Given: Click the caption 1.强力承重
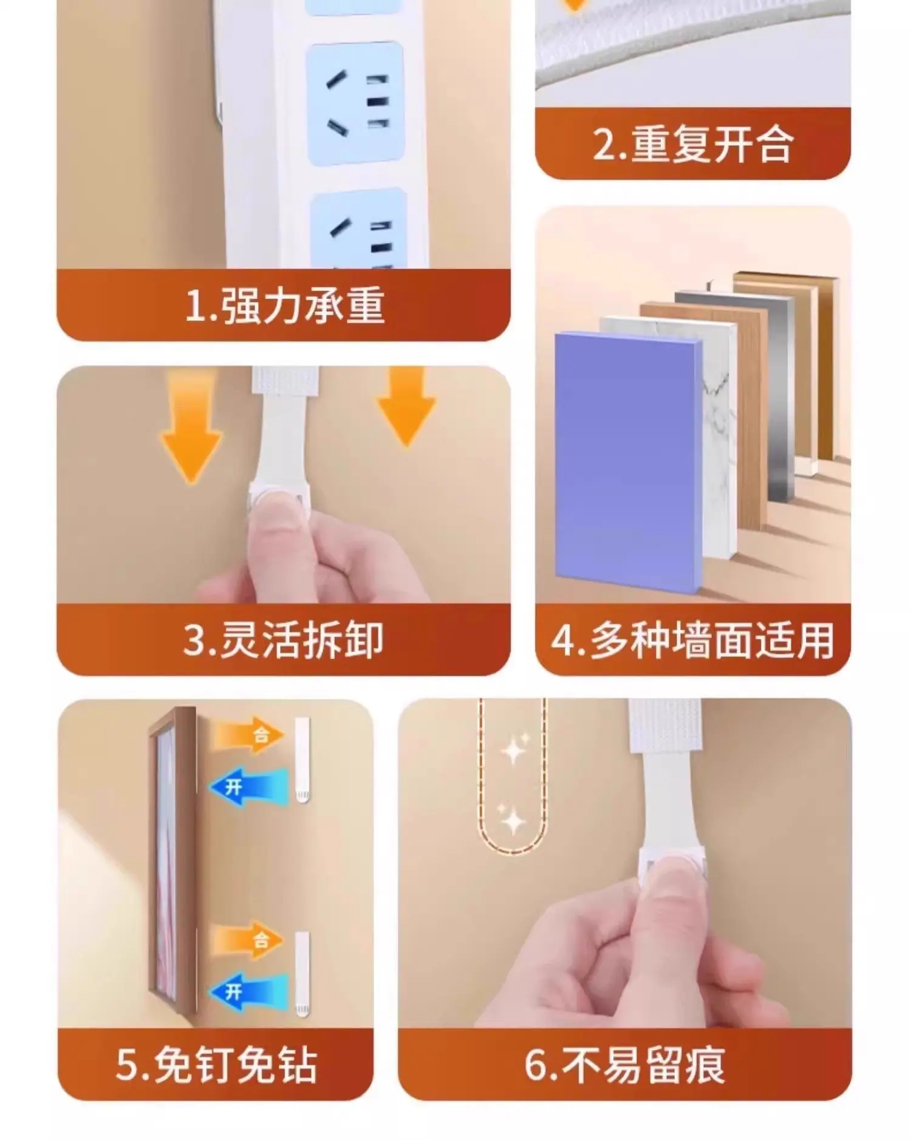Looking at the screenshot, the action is (284, 305).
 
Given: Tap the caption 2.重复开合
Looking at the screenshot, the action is (693, 145).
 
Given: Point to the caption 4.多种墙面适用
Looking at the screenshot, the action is (693, 640).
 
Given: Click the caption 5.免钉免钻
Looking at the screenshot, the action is (216, 1065).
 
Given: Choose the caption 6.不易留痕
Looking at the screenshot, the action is (625, 1065).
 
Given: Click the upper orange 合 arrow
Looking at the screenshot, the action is (248, 735).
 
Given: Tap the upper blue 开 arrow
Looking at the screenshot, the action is (249, 787).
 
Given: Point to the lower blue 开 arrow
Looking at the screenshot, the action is (249, 992).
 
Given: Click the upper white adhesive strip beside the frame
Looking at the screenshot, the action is (302, 760).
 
